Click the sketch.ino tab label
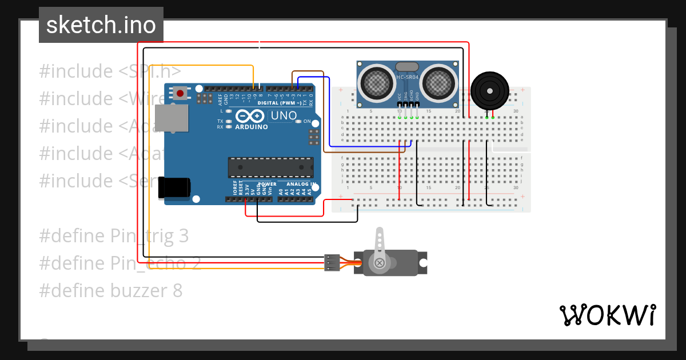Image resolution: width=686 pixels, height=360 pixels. tap(101, 25)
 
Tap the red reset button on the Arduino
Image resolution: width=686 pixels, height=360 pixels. tap(181, 93)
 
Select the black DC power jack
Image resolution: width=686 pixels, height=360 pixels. tap(174, 187)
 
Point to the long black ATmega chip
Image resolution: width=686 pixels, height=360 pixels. tap(270, 167)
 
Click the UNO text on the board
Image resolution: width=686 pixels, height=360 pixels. tap(284, 115)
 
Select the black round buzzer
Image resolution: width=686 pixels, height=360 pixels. tap(489, 90)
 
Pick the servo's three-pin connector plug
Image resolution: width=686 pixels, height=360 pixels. tap(332, 262)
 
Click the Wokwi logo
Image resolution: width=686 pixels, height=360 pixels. tap(607, 315)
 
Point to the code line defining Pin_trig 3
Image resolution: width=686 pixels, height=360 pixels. tap(114, 236)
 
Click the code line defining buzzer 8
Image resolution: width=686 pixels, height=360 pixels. tap(111, 291)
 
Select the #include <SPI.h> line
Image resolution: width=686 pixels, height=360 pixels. tap(110, 71)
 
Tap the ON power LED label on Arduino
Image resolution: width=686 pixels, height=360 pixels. tap(307, 122)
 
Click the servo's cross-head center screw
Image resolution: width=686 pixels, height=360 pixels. tap(379, 263)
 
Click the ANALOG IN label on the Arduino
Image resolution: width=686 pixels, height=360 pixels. tap(301, 184)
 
